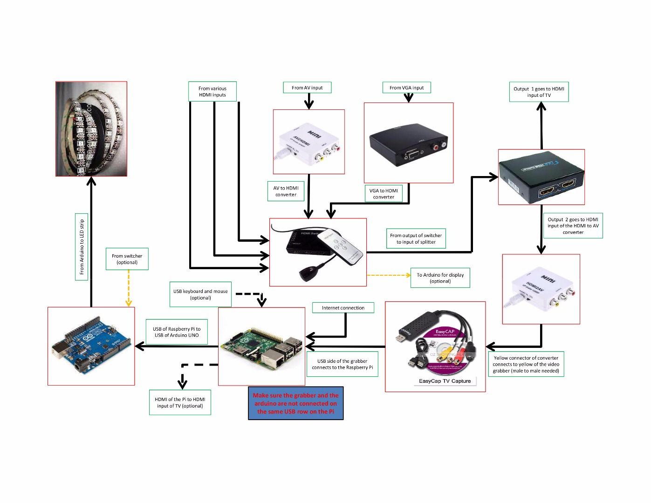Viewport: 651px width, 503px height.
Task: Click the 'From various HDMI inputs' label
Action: [212, 92]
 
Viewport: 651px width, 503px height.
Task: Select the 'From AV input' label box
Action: [307, 88]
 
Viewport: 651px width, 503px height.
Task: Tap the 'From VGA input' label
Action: [407, 88]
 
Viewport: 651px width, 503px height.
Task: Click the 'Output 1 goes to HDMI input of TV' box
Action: [539, 92]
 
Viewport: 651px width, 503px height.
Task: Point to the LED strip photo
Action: [91, 129]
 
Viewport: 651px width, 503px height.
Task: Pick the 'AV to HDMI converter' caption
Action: [286, 191]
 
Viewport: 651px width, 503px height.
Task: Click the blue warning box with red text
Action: [296, 403]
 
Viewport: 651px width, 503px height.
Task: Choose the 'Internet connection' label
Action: [343, 308]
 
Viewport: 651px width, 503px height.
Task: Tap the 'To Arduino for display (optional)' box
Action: [440, 278]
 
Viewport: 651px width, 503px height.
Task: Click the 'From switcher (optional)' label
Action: [127, 259]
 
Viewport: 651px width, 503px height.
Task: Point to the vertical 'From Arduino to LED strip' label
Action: [82, 247]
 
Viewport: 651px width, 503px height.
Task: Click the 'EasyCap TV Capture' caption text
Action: [445, 381]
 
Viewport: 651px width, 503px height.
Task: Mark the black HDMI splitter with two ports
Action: [541, 177]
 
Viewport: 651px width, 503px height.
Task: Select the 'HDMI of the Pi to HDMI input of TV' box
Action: [180, 402]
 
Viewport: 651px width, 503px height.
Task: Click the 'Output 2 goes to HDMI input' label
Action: [573, 225]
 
